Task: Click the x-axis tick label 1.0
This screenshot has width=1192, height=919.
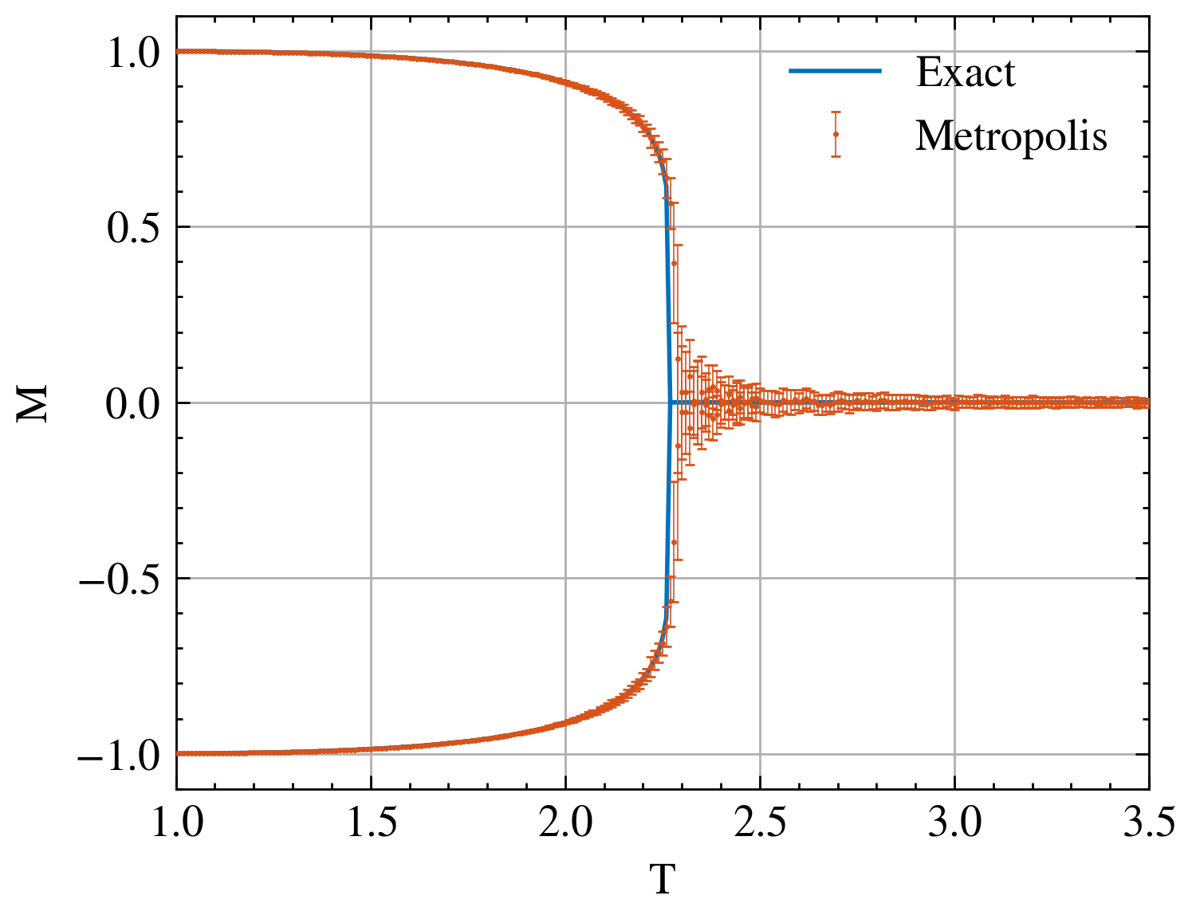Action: point(176,823)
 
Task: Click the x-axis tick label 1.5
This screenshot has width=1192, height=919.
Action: point(371,823)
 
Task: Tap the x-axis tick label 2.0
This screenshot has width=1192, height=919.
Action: point(565,823)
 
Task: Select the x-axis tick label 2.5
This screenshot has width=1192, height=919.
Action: point(760,823)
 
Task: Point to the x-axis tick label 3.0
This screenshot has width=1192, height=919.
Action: point(954,823)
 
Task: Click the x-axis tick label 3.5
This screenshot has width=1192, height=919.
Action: point(1148,823)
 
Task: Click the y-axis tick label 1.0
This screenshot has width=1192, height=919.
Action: point(132,53)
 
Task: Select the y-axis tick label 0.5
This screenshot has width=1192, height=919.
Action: point(132,228)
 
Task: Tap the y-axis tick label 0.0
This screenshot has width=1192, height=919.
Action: point(132,404)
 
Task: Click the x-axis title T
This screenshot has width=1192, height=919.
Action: point(662,880)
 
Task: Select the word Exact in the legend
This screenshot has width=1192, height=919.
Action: point(966,73)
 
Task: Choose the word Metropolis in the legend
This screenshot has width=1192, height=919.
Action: point(1011,135)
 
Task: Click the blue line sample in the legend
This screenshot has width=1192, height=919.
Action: point(835,71)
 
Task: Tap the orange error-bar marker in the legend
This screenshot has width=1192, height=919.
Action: point(836,134)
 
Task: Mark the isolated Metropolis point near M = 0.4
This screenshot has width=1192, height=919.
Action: point(675,263)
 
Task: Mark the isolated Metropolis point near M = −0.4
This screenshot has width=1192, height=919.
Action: point(675,542)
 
